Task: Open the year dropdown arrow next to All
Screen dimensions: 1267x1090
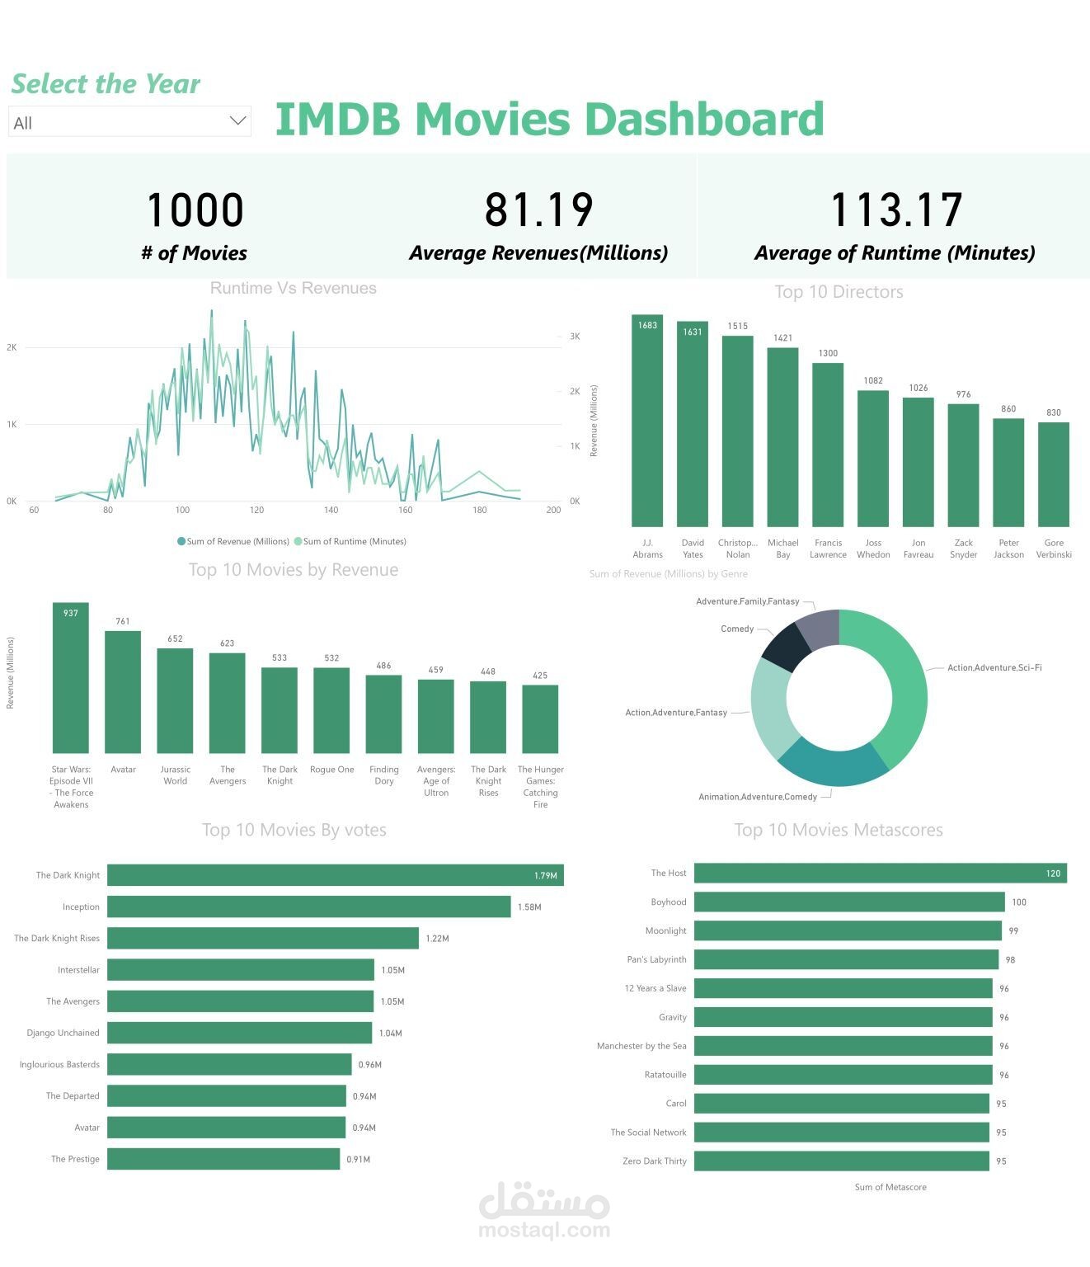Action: [237, 121]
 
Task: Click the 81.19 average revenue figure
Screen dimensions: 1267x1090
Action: [538, 210]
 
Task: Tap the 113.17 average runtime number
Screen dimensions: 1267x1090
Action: [895, 210]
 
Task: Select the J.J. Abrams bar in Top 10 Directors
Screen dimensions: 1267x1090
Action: [647, 421]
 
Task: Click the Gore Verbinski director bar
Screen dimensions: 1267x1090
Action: [1053, 474]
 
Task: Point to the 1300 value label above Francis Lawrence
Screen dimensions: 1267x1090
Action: [828, 353]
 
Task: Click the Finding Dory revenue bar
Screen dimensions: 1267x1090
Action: [383, 714]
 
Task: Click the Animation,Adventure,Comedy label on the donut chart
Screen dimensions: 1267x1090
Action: [757, 797]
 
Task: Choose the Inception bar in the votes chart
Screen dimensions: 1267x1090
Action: [308, 907]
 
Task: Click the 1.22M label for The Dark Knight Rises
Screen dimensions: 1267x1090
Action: [437, 939]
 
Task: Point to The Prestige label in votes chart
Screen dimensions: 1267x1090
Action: [75, 1159]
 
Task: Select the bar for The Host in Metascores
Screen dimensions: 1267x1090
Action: [880, 873]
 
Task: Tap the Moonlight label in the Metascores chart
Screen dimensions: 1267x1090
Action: [665, 930]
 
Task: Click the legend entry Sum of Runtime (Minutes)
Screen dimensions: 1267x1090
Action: [355, 542]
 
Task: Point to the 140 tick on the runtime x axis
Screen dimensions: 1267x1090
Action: [331, 510]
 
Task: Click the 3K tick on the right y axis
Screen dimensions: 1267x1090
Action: [575, 337]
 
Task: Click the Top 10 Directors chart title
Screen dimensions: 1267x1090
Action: [839, 292]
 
